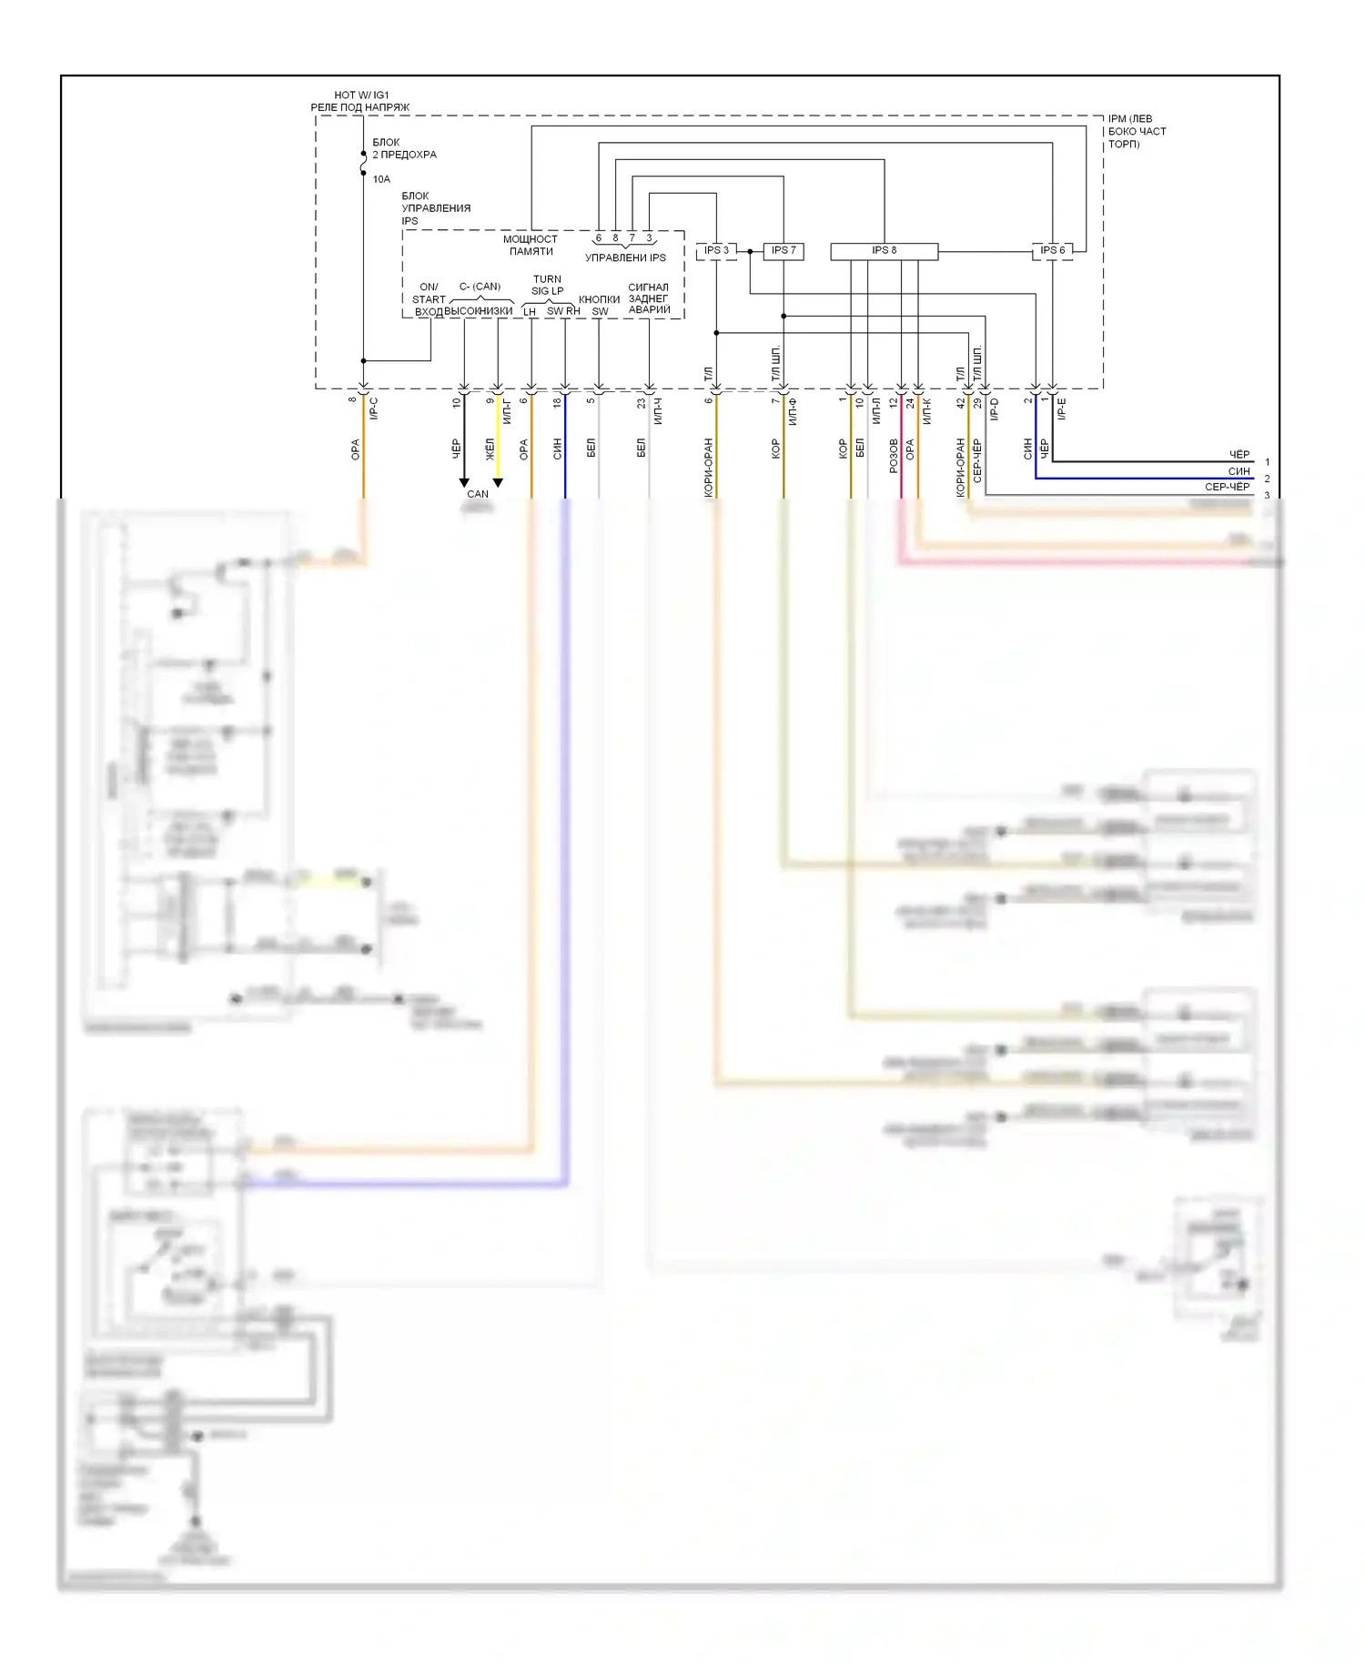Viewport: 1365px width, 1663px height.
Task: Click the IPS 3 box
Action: point(716,250)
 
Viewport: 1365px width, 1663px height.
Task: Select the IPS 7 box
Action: point(783,250)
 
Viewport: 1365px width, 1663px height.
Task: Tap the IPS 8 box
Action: point(884,250)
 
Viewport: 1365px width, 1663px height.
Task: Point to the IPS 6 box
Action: point(1052,250)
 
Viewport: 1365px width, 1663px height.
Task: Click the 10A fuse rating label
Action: point(381,179)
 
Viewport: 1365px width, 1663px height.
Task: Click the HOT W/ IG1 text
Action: point(361,95)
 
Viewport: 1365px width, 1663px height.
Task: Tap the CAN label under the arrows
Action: point(478,494)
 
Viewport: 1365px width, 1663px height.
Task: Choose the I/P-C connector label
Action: point(374,408)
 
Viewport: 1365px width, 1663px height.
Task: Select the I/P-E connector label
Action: point(1062,408)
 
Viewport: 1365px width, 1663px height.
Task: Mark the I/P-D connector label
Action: point(995,408)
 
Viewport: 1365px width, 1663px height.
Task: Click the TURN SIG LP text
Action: point(547,285)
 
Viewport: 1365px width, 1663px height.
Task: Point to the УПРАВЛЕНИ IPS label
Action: point(625,257)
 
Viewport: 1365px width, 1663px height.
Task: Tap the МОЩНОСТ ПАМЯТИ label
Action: point(531,245)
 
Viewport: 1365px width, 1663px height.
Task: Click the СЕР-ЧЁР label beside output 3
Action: point(1227,487)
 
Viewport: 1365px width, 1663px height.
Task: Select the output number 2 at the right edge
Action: point(1267,479)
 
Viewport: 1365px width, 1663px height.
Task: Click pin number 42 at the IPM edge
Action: point(961,402)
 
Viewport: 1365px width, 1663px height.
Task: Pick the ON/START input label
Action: point(429,293)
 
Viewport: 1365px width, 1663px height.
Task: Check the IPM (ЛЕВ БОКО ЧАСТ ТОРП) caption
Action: point(1137,131)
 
